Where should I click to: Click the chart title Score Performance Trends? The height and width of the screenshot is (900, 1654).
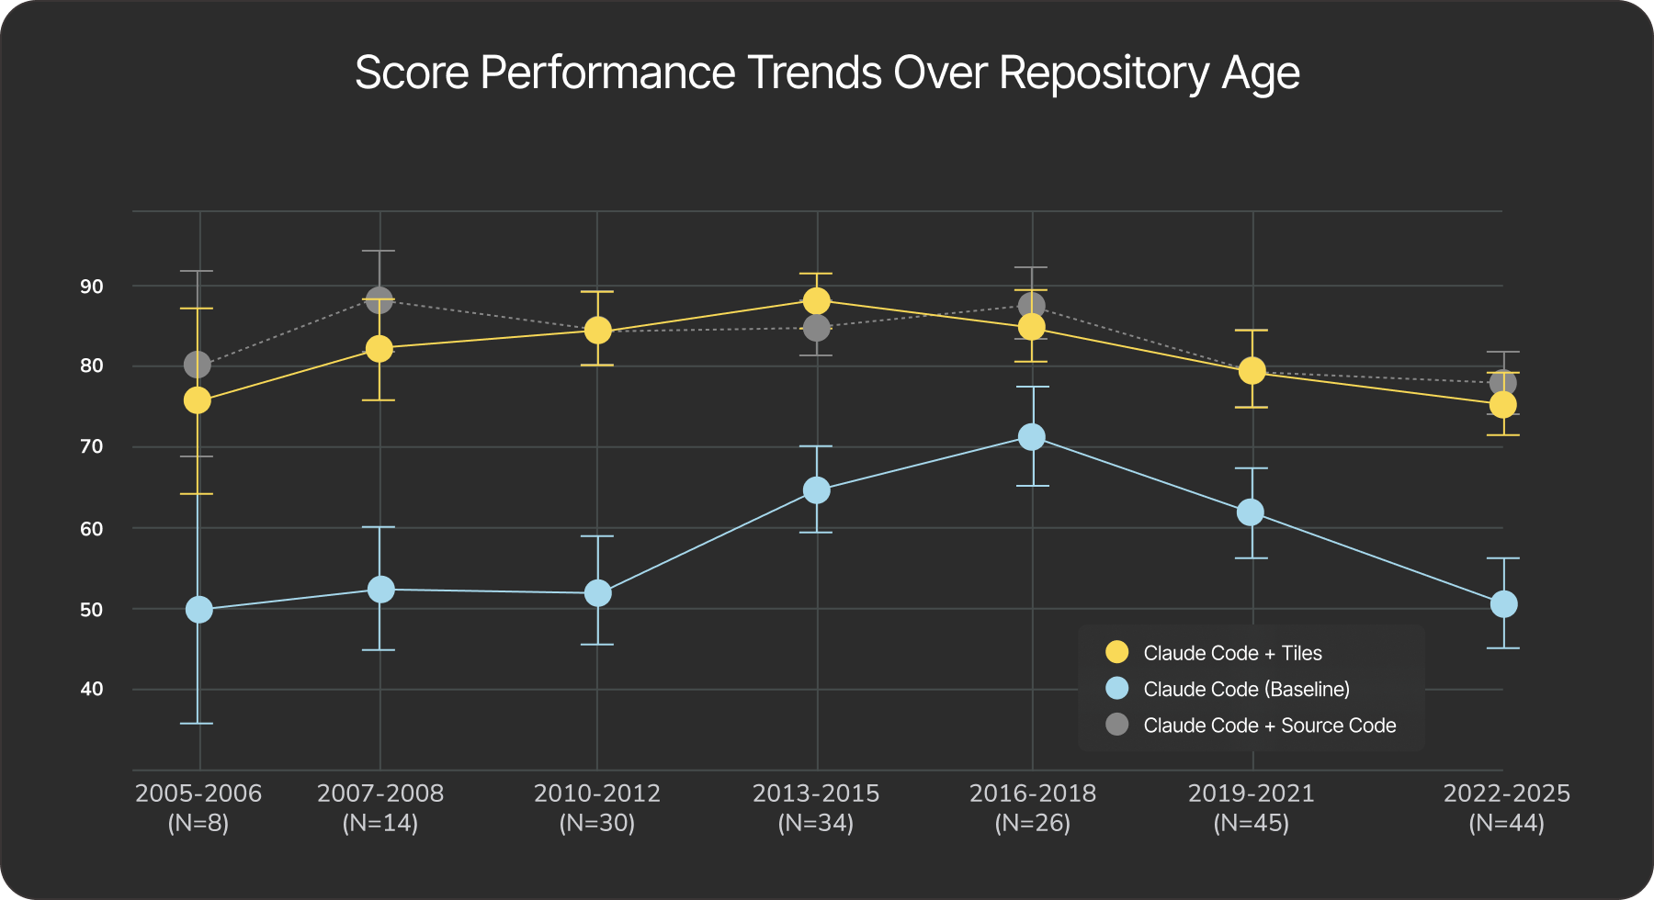point(827,73)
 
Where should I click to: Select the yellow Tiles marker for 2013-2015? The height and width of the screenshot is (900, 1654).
point(816,301)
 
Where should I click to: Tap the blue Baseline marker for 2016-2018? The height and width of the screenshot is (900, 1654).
point(1032,437)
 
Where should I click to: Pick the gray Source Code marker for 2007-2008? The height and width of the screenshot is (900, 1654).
point(380,299)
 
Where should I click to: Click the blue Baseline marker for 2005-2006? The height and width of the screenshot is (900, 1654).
point(198,610)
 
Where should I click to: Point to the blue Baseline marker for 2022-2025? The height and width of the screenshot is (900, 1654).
point(1503,604)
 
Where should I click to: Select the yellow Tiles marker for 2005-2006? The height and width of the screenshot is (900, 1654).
point(198,400)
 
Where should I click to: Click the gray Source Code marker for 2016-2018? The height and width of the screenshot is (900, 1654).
point(1032,306)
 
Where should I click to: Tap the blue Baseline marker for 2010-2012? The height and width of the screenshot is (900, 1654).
point(597,593)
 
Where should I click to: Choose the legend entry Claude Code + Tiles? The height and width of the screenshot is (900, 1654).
point(1231,653)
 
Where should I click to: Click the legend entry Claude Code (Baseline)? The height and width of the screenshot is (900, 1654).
point(1245,689)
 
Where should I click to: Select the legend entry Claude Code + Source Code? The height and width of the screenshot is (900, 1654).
point(1268,726)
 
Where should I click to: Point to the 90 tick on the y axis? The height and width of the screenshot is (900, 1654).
point(92,287)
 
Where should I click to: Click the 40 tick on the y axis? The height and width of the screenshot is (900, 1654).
point(92,689)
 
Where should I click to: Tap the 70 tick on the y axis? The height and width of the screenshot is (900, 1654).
point(92,447)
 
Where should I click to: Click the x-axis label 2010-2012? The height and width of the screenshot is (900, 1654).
point(597,793)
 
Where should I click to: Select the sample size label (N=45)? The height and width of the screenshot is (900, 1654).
point(1251,824)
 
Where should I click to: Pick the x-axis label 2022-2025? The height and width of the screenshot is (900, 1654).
point(1506,793)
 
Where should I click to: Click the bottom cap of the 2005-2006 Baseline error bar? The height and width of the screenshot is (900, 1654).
point(197,724)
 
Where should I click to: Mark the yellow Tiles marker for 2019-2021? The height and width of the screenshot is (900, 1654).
point(1252,371)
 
